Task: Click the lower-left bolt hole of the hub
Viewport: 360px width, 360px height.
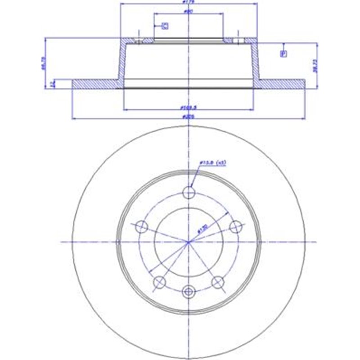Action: (x=159, y=282)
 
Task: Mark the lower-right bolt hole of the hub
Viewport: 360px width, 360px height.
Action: (x=218, y=282)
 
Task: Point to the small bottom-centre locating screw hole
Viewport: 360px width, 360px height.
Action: (x=189, y=292)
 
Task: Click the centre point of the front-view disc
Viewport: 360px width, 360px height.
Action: (x=189, y=242)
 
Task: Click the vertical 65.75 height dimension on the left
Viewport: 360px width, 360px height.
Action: (x=43, y=63)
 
